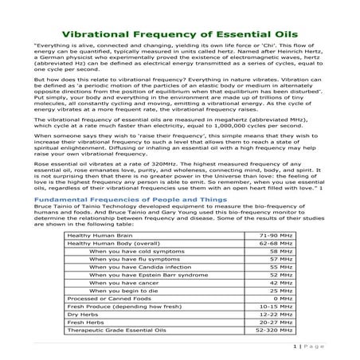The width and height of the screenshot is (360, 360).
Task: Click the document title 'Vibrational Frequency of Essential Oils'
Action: (180, 34)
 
